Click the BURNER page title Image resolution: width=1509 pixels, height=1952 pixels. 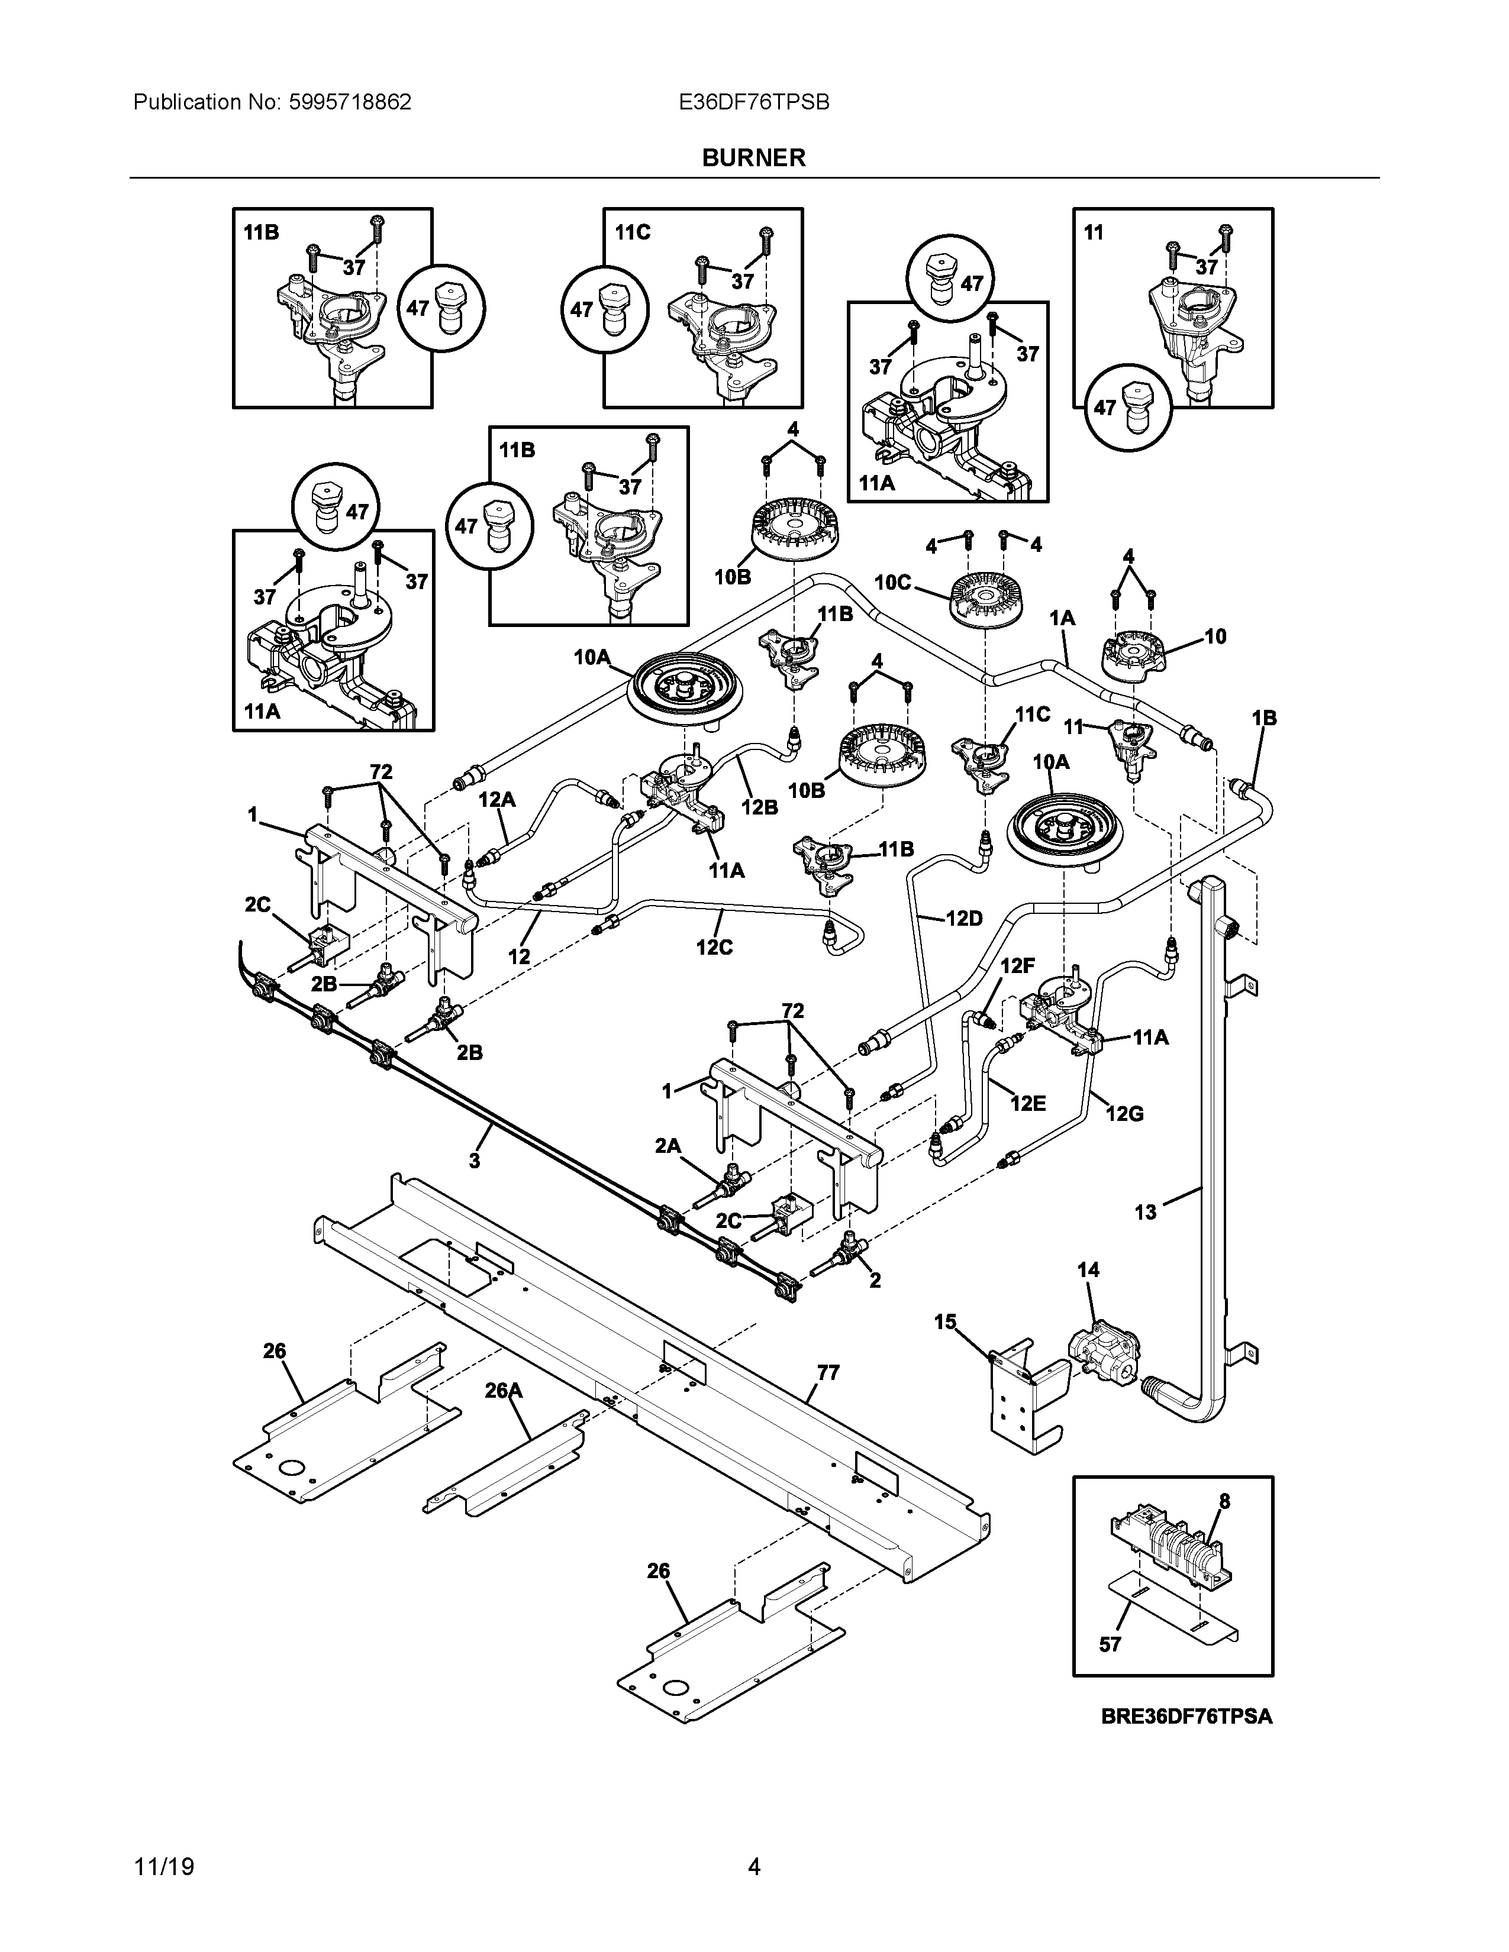tap(753, 157)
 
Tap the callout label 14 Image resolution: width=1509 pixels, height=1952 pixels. tap(1088, 1270)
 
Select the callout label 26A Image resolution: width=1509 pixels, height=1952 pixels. tap(504, 1391)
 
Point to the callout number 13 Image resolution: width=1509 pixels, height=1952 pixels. tap(1145, 1213)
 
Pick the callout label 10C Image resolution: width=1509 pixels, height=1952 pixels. tap(892, 583)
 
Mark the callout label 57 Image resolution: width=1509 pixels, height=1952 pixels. tap(1110, 1644)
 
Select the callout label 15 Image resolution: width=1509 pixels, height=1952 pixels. tap(945, 1322)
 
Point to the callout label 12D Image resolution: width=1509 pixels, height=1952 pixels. tap(963, 918)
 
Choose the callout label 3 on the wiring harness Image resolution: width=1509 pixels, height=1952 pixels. tap(474, 1161)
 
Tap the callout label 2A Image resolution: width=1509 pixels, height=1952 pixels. tap(668, 1146)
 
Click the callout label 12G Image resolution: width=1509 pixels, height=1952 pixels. tap(1124, 1114)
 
